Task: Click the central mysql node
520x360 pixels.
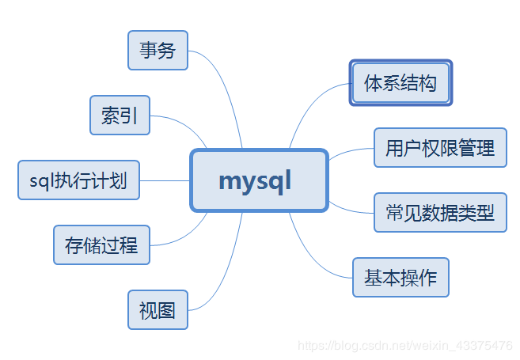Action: coord(259,180)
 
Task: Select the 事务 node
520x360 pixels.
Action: coord(158,51)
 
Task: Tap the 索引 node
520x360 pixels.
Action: coord(120,116)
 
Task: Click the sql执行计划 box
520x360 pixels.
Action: coord(78,180)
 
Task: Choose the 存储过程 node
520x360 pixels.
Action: coord(101,244)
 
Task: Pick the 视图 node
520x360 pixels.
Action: coord(158,309)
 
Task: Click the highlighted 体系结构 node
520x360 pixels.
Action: coord(400,83)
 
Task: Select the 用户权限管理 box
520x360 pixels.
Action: coord(439,147)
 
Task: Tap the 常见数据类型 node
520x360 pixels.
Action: coord(439,212)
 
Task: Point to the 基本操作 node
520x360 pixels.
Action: coord(400,277)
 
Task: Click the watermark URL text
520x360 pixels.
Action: coord(404,346)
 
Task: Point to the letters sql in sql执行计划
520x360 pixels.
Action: coord(40,180)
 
